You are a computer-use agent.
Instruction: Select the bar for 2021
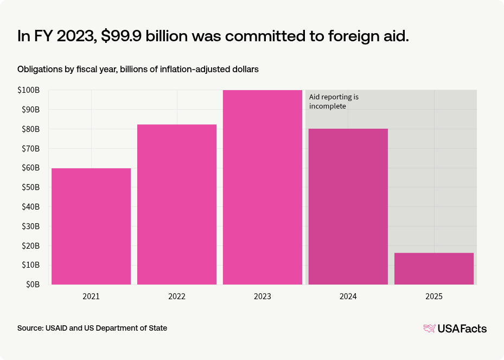coord(91,226)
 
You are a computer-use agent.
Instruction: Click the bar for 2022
coord(177,204)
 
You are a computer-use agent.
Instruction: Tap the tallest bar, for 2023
coord(262,187)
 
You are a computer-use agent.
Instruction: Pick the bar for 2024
coord(348,206)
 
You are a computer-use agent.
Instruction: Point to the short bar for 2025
coord(434,268)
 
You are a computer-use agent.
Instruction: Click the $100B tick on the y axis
coord(28,90)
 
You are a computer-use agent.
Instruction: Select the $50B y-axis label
coord(30,187)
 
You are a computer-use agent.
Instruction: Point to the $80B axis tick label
coord(30,129)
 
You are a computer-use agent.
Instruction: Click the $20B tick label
coord(30,245)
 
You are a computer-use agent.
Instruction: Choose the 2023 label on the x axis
coord(262,297)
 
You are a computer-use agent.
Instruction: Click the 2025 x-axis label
coord(434,297)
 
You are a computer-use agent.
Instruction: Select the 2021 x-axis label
coord(91,297)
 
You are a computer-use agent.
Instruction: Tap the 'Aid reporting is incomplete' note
coord(334,102)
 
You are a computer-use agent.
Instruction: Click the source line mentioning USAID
coord(92,328)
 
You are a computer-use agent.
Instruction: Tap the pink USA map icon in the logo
coord(429,328)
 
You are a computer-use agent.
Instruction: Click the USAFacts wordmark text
coord(462,328)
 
